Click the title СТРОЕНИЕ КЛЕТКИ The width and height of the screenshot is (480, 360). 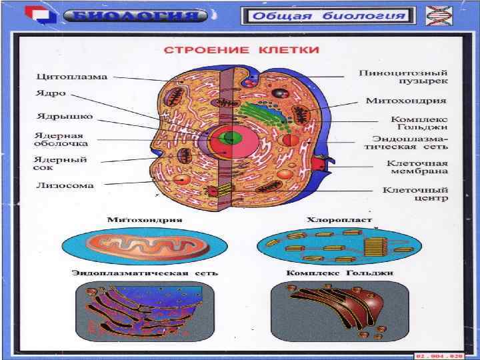coord(241,50)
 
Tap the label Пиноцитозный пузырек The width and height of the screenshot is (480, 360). coord(403,76)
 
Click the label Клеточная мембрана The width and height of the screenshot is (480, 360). coord(418,167)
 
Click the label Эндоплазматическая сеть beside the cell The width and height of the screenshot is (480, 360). coord(418,144)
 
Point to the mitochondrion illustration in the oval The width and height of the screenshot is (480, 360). coord(144,246)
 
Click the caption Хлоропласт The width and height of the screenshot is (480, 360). coord(331,219)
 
